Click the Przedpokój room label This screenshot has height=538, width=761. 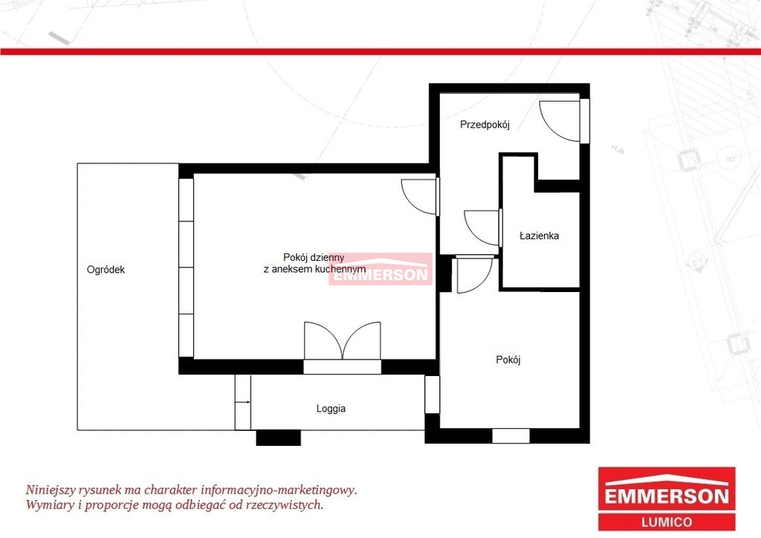(485, 125)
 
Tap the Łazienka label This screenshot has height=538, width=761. (539, 236)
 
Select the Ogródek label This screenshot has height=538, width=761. (106, 270)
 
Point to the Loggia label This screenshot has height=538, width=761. (331, 409)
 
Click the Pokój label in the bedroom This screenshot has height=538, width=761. (508, 360)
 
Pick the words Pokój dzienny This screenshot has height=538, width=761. (314, 258)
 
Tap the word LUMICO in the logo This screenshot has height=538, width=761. (667, 522)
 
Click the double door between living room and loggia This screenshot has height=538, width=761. (342, 340)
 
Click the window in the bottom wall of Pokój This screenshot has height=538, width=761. (511, 435)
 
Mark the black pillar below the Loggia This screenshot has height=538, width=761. (278, 438)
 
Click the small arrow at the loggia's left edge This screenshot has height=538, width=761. (243, 402)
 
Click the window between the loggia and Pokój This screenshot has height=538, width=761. (432, 395)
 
